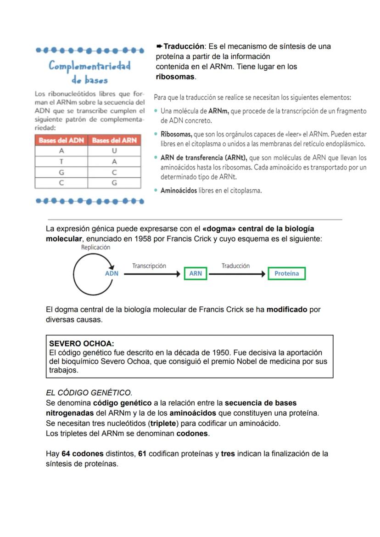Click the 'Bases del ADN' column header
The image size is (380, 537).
(x=61, y=140)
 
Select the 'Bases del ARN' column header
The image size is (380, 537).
(x=114, y=140)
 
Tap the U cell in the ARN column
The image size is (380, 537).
(x=114, y=151)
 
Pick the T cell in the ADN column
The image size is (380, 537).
(x=61, y=162)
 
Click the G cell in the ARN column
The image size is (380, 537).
(x=114, y=183)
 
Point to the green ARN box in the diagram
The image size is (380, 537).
(x=196, y=273)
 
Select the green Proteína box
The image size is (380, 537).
(x=286, y=273)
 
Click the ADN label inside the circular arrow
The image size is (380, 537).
(x=112, y=273)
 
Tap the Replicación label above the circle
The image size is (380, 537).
(x=95, y=247)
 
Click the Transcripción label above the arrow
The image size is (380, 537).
(x=149, y=266)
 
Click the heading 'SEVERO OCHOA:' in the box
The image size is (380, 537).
(x=82, y=344)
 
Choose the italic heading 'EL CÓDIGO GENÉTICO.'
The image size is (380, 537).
(x=89, y=393)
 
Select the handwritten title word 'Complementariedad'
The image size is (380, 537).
(x=90, y=66)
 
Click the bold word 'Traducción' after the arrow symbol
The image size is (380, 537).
(x=184, y=46)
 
